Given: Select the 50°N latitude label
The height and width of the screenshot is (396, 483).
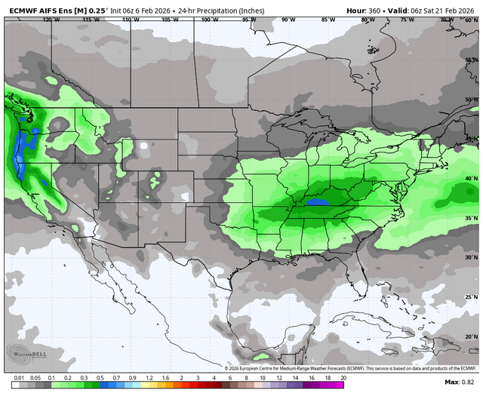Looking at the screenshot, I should pyautogui.click(x=471, y=99).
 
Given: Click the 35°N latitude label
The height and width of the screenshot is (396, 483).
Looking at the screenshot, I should pyautogui.click(x=471, y=218).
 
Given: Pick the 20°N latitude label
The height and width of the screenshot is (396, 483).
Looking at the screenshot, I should pyautogui.click(x=471, y=336).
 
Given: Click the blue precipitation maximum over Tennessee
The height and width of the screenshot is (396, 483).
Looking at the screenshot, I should pyautogui.click(x=316, y=202).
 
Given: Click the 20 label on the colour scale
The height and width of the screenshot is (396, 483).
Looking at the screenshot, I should pyautogui.click(x=343, y=376).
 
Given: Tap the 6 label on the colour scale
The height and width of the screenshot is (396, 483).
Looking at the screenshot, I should pyautogui.click(x=230, y=376).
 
